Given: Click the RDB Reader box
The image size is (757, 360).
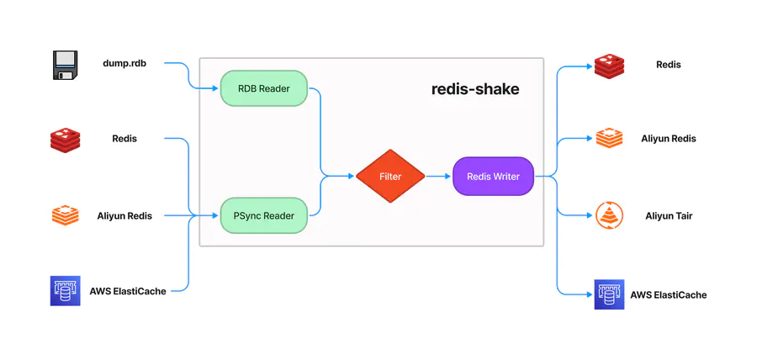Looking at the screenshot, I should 263,88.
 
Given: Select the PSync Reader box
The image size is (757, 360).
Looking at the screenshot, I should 263,215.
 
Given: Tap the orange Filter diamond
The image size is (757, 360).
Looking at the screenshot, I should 389,177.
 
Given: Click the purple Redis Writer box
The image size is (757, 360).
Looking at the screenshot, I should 493,177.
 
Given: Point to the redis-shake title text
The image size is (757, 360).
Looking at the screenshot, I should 475,88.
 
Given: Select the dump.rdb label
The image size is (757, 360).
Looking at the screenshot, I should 124,63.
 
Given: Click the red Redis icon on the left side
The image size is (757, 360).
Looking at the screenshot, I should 65,140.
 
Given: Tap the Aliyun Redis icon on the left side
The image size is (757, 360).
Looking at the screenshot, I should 65,215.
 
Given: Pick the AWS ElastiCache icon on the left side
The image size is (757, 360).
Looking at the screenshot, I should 65,291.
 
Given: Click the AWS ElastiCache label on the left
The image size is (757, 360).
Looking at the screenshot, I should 128,291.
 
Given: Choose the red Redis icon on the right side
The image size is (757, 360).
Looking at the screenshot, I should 609,65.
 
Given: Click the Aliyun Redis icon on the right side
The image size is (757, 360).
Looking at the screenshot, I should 609,139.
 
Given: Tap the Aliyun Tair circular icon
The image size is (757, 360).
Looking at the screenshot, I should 609,215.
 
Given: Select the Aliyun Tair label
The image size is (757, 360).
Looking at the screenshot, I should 669,216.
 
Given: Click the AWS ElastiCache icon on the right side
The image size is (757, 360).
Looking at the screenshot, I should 609,294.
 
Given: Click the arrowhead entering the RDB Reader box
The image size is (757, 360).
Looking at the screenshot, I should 215,88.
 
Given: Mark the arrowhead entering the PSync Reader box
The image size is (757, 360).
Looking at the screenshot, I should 215,215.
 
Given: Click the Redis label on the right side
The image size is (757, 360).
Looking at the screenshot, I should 669,65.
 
